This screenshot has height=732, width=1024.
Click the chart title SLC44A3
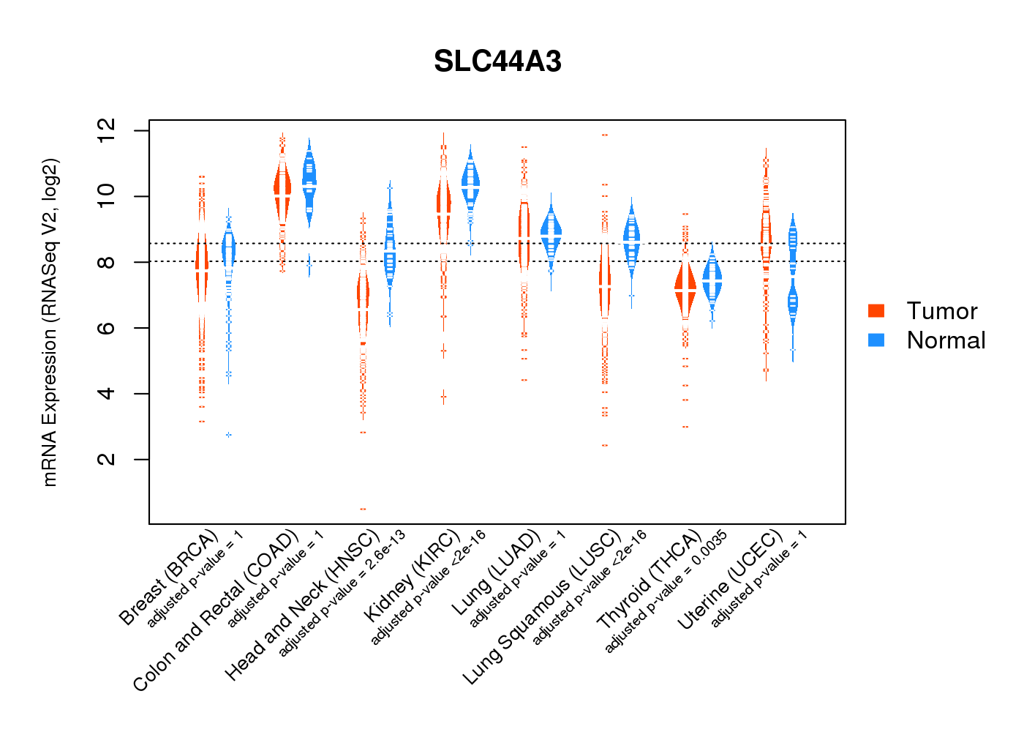497,61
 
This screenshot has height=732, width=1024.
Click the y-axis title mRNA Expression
50,322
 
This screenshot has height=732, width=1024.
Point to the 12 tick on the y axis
107,131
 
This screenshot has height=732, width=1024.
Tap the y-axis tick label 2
107,459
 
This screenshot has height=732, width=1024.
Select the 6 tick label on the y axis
107,328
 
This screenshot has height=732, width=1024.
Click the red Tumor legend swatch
876,310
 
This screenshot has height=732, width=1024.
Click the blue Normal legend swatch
876,340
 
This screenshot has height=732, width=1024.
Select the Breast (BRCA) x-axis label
168,578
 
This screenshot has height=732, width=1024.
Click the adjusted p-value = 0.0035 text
666,591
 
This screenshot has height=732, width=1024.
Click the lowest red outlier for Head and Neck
363,509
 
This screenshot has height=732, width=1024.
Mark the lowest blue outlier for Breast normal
228,435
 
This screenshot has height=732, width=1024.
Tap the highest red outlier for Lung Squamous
605,135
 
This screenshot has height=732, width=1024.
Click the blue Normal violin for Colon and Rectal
309,183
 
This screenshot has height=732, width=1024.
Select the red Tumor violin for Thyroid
685,289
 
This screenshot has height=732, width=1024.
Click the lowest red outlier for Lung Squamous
605,445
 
